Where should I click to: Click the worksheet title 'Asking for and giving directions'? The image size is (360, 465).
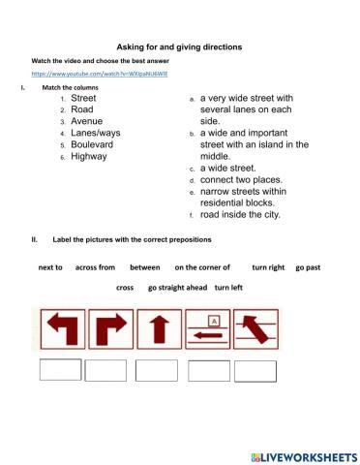pos(179,46)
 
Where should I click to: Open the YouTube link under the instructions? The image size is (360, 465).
pos(86,73)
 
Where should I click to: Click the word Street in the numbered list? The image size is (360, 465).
pos(83,98)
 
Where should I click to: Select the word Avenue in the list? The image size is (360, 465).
pos(87,122)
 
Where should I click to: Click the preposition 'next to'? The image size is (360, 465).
pos(50,266)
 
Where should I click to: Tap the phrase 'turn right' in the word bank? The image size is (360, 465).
pos(268,266)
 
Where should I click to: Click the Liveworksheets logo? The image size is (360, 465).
pos(303,455)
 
